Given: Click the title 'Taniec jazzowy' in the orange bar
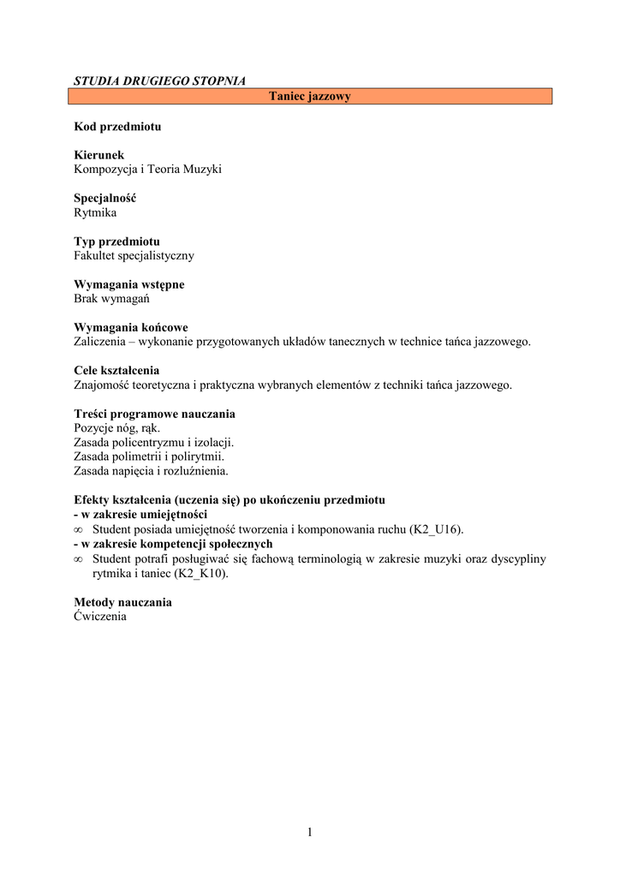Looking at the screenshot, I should click(x=310, y=97).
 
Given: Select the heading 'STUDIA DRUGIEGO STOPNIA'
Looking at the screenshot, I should click(x=159, y=81).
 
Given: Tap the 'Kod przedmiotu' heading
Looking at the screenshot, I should click(x=117, y=127).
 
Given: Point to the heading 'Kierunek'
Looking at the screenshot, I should click(x=99, y=155).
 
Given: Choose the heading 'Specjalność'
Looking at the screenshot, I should click(x=105, y=198).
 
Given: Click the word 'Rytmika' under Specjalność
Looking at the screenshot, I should click(x=95, y=212).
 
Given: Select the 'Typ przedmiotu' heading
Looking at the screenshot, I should click(x=116, y=242).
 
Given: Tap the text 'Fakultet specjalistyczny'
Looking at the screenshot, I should click(x=134, y=255).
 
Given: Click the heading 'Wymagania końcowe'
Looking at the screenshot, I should click(x=131, y=327).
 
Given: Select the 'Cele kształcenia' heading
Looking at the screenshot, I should click(x=116, y=371).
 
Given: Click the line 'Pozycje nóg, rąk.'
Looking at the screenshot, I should click(x=117, y=428).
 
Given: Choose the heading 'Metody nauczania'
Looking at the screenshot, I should click(x=122, y=602).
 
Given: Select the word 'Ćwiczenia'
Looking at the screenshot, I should click(x=100, y=617).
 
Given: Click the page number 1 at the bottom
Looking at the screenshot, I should click(x=310, y=832).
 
